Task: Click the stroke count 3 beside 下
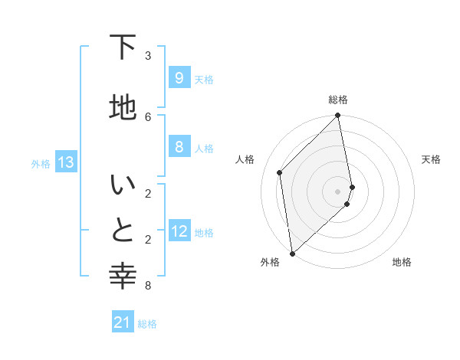pos(147,56)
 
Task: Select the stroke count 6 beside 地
pos(147,116)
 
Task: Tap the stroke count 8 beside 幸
pos(147,286)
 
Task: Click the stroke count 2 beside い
pos(147,193)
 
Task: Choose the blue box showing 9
pos(179,78)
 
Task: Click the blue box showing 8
pos(179,147)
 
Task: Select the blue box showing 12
pos(179,231)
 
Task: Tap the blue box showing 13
pos(65,162)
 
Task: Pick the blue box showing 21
pos(123,322)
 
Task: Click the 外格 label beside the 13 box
pos(41,163)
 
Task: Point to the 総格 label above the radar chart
pos(338,100)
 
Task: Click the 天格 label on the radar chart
pos(431,159)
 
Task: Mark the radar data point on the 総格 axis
pos(338,116)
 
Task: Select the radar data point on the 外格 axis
pos(292,253)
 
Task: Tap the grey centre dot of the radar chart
pos(338,191)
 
